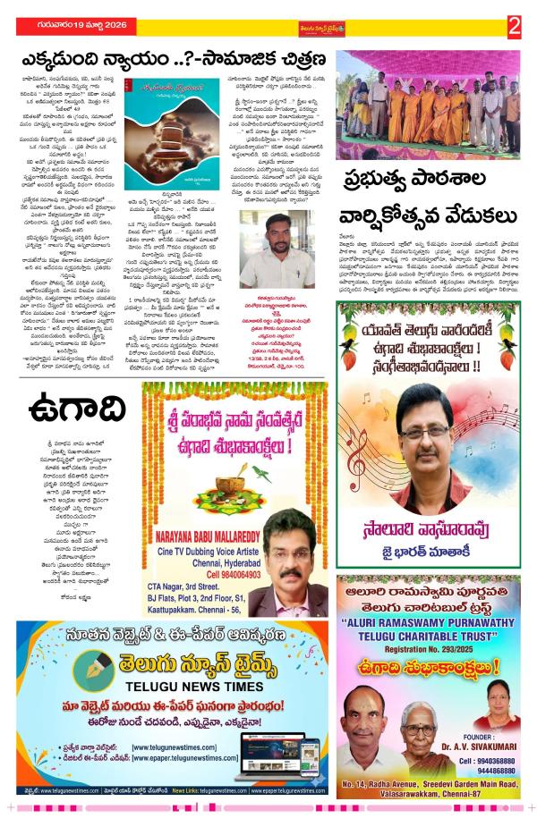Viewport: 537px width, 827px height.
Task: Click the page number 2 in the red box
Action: [514, 27]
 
